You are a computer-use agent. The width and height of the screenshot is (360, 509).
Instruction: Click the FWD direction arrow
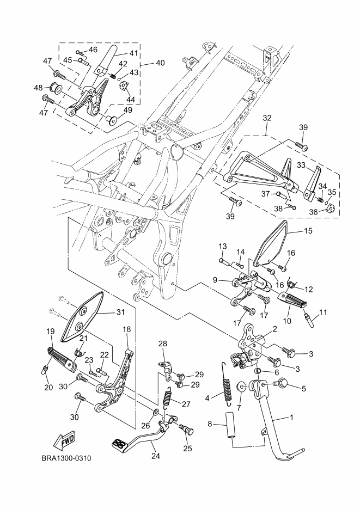[64, 440]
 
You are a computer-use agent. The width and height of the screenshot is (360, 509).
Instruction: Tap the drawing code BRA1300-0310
[66, 458]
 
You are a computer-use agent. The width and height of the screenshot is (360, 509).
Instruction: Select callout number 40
[160, 63]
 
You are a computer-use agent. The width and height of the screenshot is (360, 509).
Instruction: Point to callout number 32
[266, 117]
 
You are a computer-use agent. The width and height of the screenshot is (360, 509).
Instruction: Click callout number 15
[308, 231]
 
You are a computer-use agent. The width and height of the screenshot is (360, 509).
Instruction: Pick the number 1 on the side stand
[292, 418]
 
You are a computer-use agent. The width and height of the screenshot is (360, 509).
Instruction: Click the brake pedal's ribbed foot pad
[120, 444]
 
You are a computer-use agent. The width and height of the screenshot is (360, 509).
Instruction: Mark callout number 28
[162, 343]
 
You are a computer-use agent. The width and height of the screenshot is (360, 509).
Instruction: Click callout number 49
[128, 110]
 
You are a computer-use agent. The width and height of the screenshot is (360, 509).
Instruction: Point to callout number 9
[216, 280]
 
